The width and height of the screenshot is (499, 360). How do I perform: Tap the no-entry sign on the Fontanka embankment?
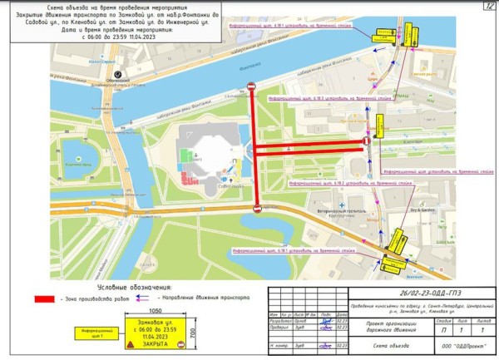coord(253,86)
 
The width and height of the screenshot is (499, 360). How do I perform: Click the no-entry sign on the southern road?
coord(257,208)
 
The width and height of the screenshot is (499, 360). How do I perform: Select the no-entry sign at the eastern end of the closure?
coord(366,142)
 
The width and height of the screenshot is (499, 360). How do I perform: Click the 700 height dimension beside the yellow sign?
coord(191,333)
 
